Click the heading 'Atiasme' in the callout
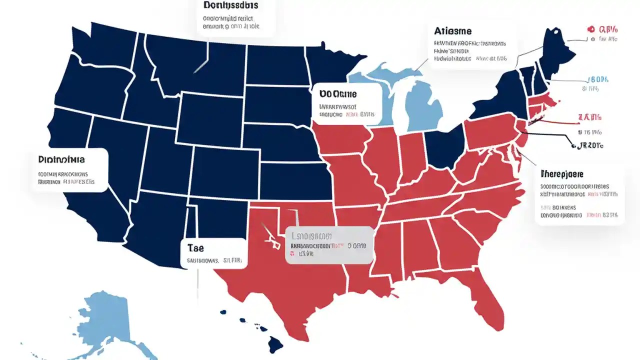click(453, 31)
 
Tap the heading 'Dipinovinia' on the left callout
click(61, 159)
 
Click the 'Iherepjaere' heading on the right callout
click(562, 174)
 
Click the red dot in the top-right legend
click(590, 29)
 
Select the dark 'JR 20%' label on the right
click(590, 145)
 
